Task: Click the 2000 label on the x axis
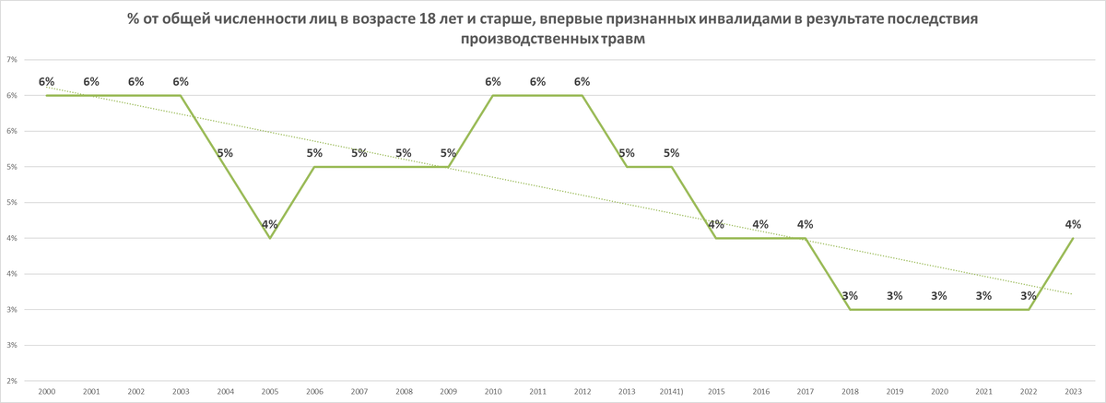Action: (46, 392)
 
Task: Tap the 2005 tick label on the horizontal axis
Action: (270, 392)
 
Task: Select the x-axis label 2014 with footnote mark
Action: (672, 392)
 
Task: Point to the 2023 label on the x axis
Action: (1073, 392)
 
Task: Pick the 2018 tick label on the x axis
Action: (850, 392)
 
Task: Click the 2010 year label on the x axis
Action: (493, 392)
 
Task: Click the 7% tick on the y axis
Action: (13, 60)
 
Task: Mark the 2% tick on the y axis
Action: (13, 380)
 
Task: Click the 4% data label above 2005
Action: (269, 224)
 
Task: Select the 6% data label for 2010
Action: (493, 82)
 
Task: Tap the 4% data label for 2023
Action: (1073, 224)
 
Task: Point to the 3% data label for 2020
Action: (939, 296)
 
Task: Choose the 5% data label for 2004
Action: (225, 153)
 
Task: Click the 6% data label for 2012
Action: (582, 82)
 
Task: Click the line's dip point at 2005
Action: (270, 238)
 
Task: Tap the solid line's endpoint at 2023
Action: (1073, 238)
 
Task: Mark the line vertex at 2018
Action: (850, 309)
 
